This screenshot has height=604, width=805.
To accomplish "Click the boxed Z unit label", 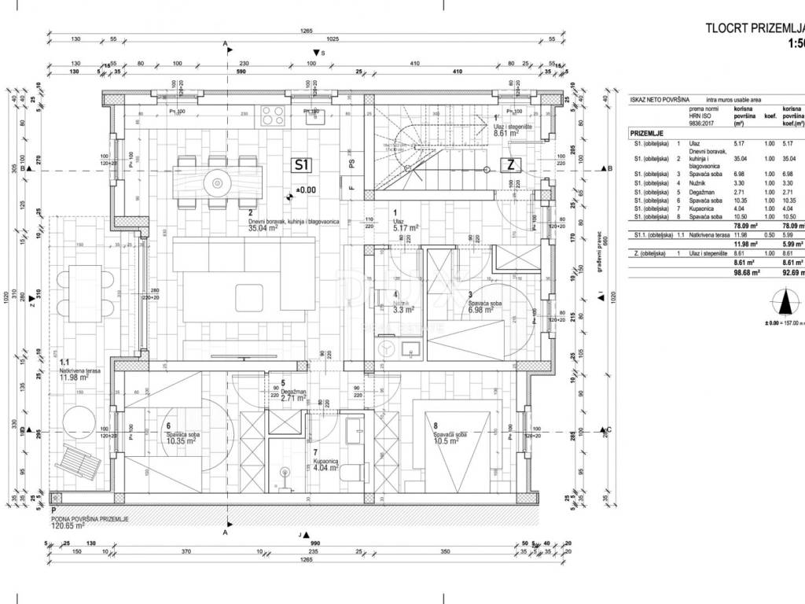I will coord(511,165).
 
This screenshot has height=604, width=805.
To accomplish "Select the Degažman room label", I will coord(294,391).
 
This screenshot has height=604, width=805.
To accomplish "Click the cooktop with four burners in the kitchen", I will coord(273,117).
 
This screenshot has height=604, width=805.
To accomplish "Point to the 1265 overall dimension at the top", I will coord(307,31).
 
